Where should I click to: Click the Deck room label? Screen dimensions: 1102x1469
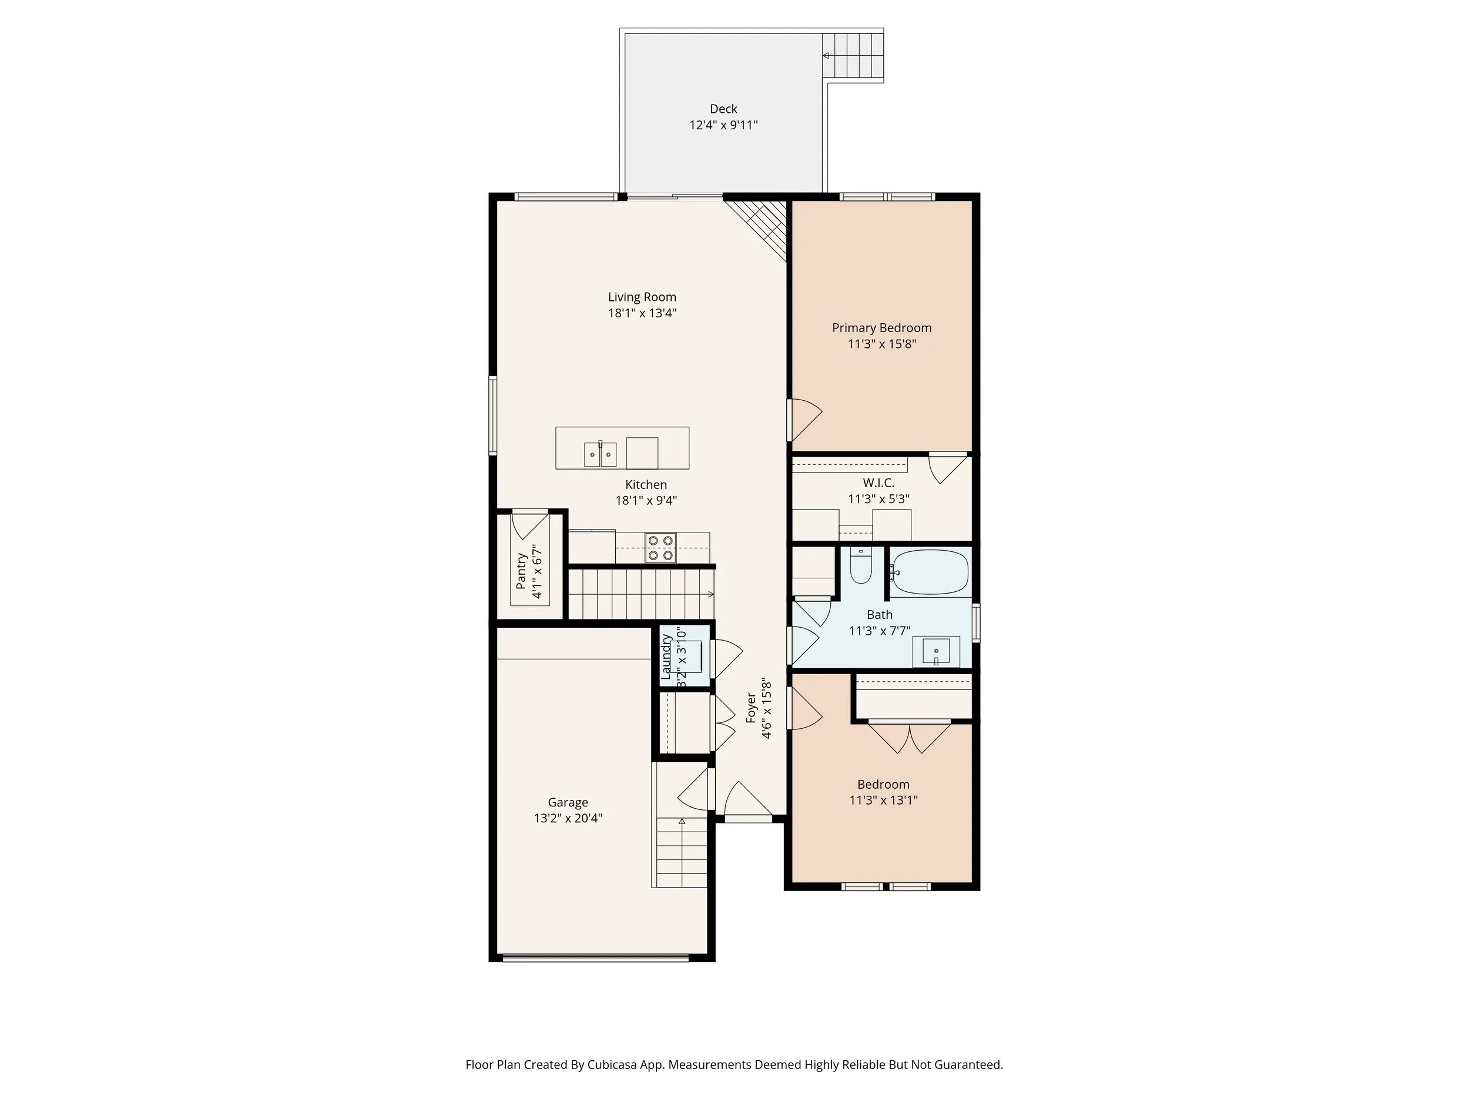click(723, 109)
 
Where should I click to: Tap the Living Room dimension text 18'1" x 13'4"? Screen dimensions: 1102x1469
click(642, 313)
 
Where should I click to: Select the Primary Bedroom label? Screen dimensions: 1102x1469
click(881, 328)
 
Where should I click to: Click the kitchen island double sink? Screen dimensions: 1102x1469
click(601, 454)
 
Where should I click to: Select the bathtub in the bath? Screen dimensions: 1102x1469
click(930, 572)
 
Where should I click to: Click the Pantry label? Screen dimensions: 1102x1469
click(521, 571)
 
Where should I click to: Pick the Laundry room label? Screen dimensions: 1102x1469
click(667, 657)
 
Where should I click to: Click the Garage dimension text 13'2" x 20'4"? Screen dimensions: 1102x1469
click(568, 818)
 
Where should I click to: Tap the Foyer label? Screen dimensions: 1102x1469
click(751, 708)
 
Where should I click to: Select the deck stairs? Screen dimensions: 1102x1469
click(853, 56)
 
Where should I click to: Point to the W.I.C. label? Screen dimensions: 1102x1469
click(878, 483)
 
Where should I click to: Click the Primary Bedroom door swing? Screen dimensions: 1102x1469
click(804, 418)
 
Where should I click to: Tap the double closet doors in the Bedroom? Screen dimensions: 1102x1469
click(909, 738)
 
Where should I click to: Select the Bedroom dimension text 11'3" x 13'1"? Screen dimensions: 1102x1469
click(883, 800)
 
